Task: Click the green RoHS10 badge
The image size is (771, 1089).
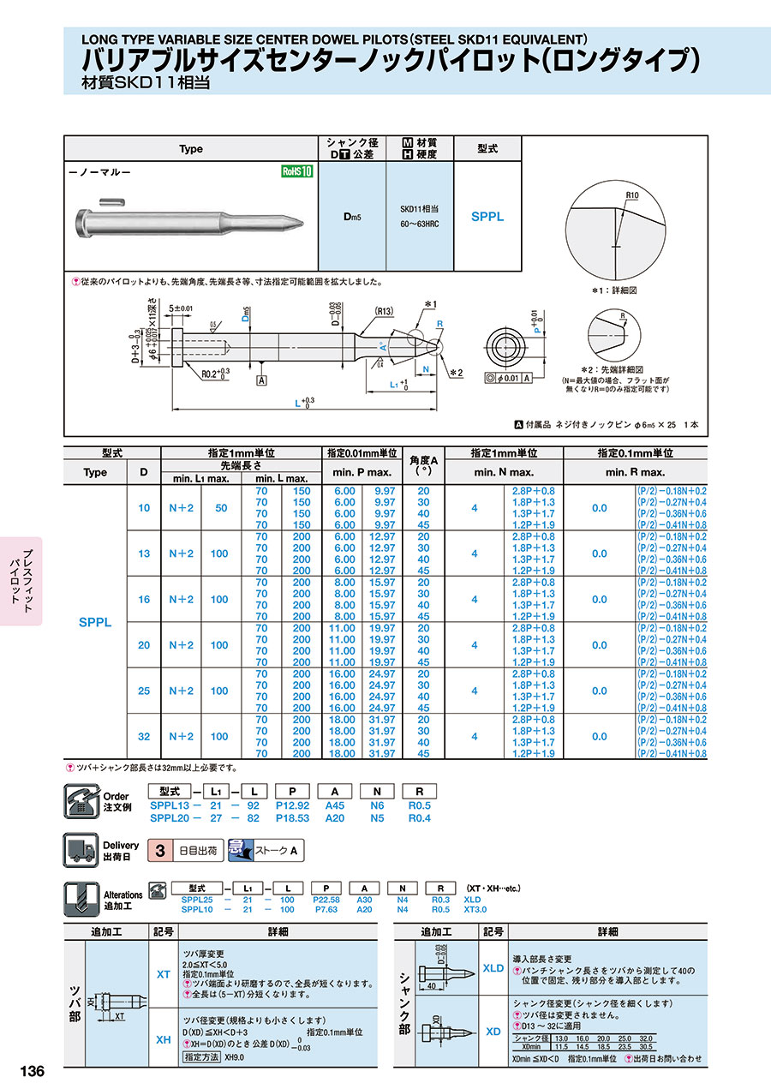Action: point(297,171)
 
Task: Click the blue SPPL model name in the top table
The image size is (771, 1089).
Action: point(487,217)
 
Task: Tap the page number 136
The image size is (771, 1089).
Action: point(32,1071)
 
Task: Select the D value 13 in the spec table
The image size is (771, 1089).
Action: point(144,553)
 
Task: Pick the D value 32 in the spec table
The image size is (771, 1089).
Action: point(144,736)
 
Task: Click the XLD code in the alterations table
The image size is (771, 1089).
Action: point(493,967)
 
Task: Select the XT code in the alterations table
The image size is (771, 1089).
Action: point(163,974)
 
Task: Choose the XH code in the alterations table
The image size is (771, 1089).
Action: point(163,1039)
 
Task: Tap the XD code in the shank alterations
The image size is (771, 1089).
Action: point(493,1032)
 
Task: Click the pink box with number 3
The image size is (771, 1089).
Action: point(159,851)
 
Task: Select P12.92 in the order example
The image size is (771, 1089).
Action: point(292,805)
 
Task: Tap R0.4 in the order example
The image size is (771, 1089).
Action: point(419,818)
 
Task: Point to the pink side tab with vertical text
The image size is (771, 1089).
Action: point(21,581)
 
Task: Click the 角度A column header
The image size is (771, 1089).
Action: point(422,466)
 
